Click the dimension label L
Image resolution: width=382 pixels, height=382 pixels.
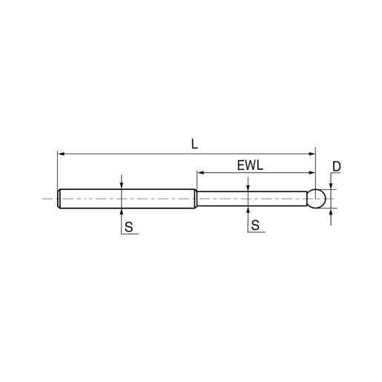coord(194,143)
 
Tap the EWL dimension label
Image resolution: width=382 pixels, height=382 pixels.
coord(248,165)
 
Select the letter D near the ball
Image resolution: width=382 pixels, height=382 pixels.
coord(336,168)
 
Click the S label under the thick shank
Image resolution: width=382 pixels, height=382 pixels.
coord(128,228)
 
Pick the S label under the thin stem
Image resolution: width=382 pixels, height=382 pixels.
coord(255,228)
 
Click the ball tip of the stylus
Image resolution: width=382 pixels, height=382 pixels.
coord(317,199)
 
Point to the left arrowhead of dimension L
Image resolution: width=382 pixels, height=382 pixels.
coord(61,154)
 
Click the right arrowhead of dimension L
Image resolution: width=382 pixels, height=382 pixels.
coord(312,154)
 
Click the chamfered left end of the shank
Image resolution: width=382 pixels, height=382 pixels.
coord(59,199)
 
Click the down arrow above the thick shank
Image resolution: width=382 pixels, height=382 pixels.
coord(121,186)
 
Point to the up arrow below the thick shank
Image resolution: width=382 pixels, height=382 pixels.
coord(121,211)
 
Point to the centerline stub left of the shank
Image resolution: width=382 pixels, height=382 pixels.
coord(49,199)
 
